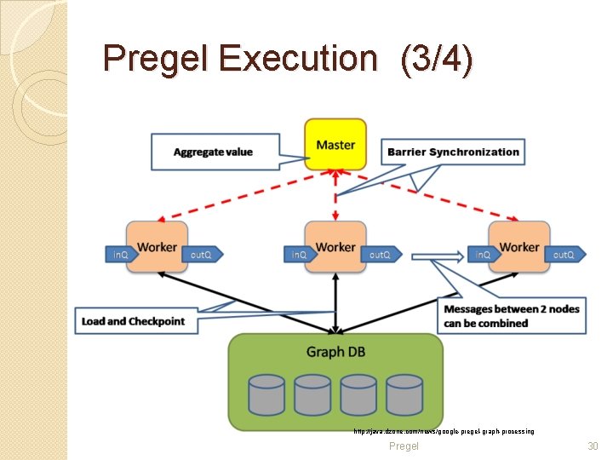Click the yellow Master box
[x=335, y=145]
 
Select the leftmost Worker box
[x=157, y=247]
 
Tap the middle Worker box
[x=335, y=247]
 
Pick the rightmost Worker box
[x=519, y=247]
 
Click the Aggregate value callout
[x=214, y=152]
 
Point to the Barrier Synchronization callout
[x=452, y=152]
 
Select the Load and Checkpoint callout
[x=135, y=321]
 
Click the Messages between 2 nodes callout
[x=511, y=316]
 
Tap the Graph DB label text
[x=337, y=352]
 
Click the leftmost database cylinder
[x=266, y=394]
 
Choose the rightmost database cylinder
[x=404, y=394]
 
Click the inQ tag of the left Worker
[x=121, y=254]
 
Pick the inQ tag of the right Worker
[x=482, y=254]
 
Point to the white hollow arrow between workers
[x=437, y=254]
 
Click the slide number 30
[x=593, y=446]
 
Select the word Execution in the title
[x=297, y=59]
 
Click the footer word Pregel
[x=404, y=446]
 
